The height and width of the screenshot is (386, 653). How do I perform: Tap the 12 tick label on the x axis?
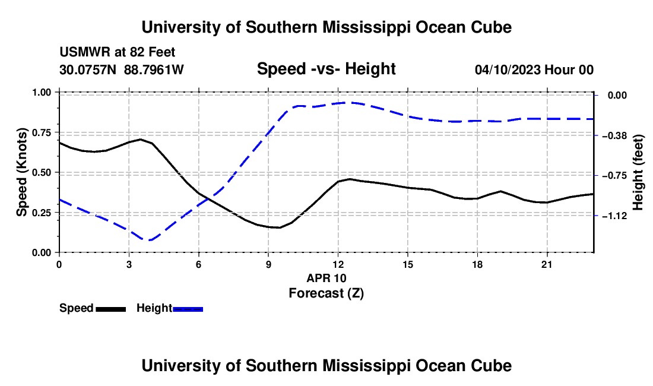click(338, 264)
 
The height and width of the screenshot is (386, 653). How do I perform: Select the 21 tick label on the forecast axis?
click(546, 264)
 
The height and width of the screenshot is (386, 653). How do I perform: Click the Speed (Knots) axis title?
click(21, 172)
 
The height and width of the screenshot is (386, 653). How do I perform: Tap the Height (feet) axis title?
click(638, 172)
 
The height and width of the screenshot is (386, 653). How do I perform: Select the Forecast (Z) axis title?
click(326, 293)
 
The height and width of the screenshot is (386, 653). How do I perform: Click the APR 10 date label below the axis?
click(326, 278)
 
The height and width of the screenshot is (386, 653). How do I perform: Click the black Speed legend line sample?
click(111, 309)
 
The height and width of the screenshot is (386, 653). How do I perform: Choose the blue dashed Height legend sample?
click(188, 309)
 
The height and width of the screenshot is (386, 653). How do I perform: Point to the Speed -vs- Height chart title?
click(326, 69)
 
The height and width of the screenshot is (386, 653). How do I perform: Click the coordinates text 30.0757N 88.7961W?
click(121, 69)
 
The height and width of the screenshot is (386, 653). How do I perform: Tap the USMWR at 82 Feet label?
click(117, 52)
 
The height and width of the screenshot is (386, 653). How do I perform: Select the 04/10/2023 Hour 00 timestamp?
click(534, 69)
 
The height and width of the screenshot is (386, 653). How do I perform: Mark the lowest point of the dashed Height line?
click(149, 240)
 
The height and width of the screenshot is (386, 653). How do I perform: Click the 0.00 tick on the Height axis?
click(617, 96)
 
